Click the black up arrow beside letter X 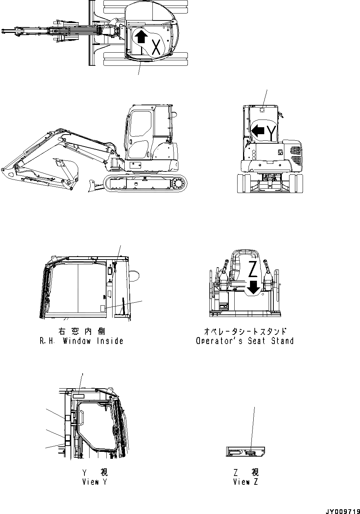141,37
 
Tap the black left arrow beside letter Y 258,131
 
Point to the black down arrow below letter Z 253,288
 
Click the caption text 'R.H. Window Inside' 82,341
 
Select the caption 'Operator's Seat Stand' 245,341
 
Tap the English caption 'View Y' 95,482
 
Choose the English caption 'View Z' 246,482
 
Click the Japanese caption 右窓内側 82,331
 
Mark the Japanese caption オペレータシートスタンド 245,331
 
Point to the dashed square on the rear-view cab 262,110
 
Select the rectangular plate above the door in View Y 78,396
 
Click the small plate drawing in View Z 245,452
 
